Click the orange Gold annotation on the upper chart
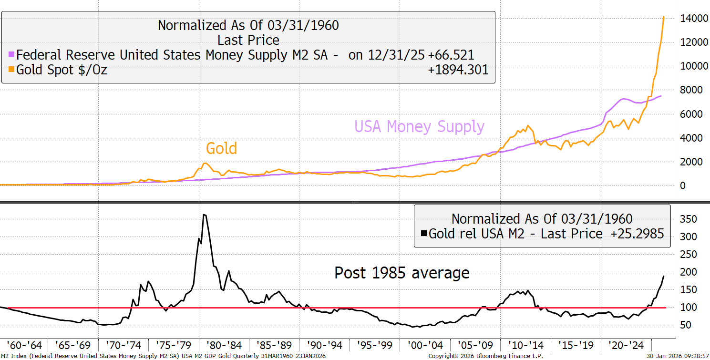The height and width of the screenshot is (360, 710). [222, 148]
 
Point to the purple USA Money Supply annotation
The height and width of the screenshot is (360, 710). [419, 127]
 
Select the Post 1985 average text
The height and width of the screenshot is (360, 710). [402, 273]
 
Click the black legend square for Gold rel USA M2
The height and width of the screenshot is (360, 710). [424, 234]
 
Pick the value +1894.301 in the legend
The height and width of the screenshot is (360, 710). [458, 70]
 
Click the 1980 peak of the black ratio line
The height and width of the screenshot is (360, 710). [204, 215]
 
